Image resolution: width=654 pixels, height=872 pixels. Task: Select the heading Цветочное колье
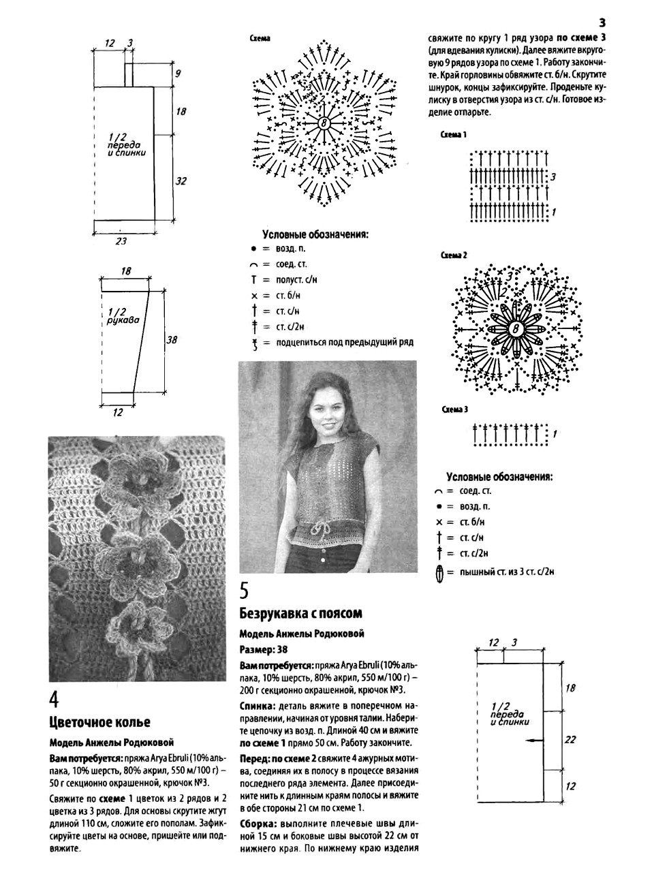pos(99,721)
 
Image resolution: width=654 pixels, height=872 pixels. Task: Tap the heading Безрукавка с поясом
pos(300,612)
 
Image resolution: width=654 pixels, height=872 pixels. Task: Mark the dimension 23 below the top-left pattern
pos(121,240)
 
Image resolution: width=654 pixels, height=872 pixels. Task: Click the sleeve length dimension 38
pos(172,339)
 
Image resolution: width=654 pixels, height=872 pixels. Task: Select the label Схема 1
pos(454,135)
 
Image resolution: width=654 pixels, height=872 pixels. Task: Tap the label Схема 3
pos(454,409)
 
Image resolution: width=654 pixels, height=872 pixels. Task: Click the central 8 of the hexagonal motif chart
pos(324,123)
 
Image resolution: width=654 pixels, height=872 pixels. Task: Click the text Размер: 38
pos(264,649)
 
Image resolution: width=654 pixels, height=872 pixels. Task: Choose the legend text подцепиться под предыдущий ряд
pos(344,343)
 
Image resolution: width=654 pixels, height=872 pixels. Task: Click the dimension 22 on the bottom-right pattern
pos(570,738)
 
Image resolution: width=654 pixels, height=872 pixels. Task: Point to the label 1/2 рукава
pos(123,315)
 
